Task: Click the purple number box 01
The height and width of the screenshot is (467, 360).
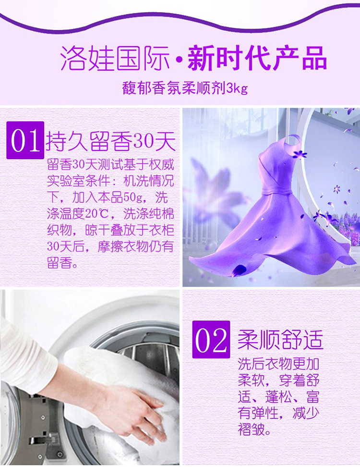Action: pyautogui.click(x=25, y=140)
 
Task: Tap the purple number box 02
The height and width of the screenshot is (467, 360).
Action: pyautogui.click(x=211, y=339)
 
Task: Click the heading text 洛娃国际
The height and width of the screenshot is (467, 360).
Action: pyautogui.click(x=115, y=58)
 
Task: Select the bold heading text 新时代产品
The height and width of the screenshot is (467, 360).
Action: pyautogui.click(x=257, y=58)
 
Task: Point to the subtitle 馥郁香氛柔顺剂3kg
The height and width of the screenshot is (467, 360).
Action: pyautogui.click(x=185, y=88)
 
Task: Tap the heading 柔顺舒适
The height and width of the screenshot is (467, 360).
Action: pyautogui.click(x=280, y=340)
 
